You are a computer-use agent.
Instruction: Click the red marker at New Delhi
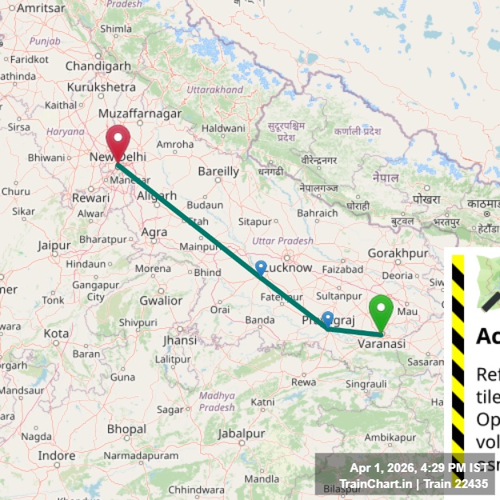click(118, 142)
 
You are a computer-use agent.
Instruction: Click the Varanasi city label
click(381, 343)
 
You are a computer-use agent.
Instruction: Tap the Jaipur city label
click(54, 245)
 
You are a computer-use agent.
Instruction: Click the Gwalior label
click(161, 301)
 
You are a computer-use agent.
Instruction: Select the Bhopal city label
click(126, 429)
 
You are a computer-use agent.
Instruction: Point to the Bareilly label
click(218, 171)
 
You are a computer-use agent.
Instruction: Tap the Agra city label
click(154, 232)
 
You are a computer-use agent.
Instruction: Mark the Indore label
click(56, 455)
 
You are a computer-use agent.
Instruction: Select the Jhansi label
click(178, 339)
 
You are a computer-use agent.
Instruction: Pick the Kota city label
click(56, 333)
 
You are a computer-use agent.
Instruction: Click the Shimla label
click(115, 29)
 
